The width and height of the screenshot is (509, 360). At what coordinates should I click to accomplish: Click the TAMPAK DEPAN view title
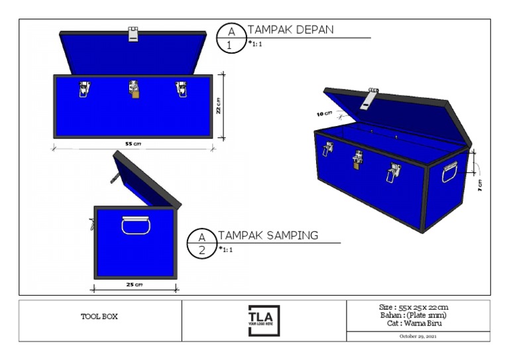tap(290, 30)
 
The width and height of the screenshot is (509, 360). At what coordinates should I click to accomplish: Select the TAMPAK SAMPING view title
tap(268, 235)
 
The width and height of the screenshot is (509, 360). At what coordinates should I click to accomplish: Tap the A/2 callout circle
tap(202, 243)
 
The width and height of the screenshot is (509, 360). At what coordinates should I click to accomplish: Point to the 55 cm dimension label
tap(133, 144)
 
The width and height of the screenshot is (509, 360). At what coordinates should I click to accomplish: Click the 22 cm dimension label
tap(219, 106)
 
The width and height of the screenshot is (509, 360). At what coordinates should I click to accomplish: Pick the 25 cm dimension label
tap(134, 285)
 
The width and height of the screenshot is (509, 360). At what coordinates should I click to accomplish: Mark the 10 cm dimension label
tap(324, 114)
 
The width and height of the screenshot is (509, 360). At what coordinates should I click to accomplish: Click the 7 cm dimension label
tap(480, 186)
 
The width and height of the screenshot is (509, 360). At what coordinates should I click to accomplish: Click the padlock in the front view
tap(135, 95)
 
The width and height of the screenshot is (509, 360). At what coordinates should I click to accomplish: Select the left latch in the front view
tap(84, 89)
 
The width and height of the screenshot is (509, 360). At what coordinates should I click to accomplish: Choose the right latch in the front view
tap(181, 89)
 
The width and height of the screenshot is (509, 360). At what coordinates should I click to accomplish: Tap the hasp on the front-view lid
tap(134, 34)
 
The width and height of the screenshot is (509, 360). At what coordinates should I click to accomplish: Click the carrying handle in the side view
tap(136, 225)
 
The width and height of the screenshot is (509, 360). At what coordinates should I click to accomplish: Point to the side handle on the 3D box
tap(449, 171)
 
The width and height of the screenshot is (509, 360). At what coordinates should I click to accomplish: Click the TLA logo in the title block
tap(264, 320)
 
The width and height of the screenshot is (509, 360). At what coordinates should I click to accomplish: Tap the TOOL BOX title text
tap(99, 317)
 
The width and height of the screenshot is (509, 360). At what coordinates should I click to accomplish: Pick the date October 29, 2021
tap(418, 336)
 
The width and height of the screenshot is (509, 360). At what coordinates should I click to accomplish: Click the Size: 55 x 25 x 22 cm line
tap(418, 307)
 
